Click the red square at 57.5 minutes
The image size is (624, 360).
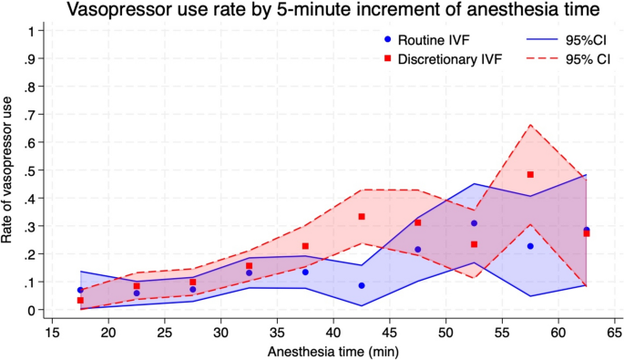530,174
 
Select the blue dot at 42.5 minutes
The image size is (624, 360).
362,285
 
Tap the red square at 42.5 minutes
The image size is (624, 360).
362,217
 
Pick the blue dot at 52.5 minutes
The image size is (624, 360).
474,223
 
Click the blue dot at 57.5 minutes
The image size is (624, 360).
530,246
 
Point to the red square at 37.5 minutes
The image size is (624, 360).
305,246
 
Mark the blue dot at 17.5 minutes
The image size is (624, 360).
80,290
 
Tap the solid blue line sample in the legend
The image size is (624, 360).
542,39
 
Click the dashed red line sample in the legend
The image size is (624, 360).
542,59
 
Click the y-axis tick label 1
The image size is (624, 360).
32,31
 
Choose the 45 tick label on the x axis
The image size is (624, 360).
389,331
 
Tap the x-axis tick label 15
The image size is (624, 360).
52,331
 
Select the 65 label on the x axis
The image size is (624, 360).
615,331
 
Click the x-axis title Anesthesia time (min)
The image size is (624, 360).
333,352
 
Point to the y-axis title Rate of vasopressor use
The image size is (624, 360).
6,170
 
